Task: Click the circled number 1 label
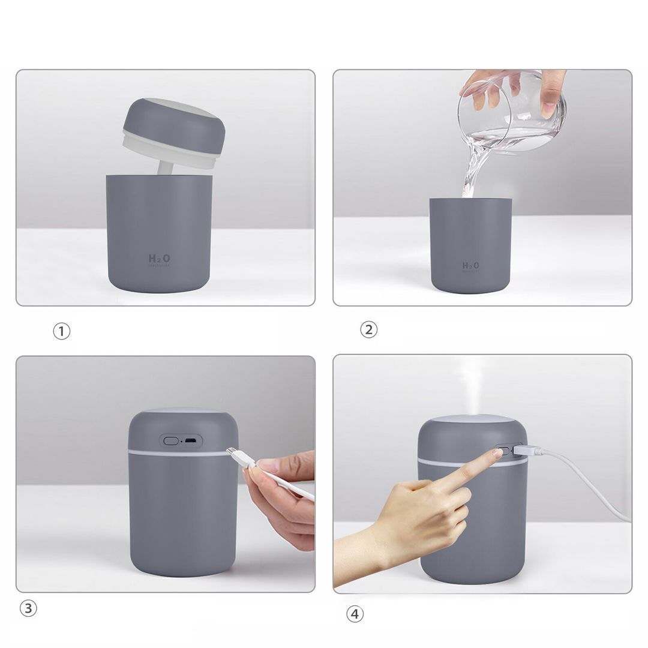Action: coord(62,331)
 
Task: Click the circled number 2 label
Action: coord(368,329)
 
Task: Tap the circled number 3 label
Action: coord(28,608)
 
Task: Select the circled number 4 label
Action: coord(355,614)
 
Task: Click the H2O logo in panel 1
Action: coord(159,259)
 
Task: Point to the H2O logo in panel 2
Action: coord(470,266)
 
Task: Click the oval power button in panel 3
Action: coord(171,440)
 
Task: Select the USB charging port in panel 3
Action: coord(190,441)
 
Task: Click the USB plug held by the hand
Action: coord(240,457)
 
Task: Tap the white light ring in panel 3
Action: coord(180,453)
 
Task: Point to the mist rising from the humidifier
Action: coord(471,384)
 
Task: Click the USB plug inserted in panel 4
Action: coord(527,451)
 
